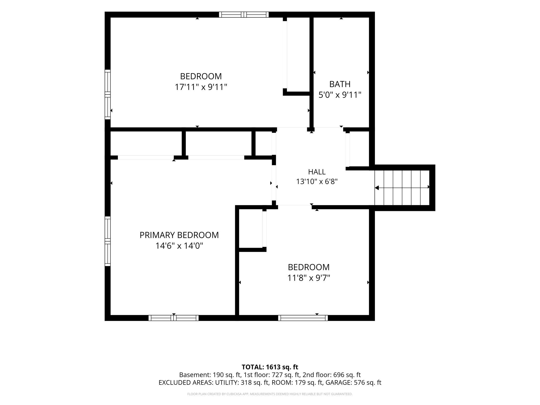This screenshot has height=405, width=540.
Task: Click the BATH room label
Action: [340, 84]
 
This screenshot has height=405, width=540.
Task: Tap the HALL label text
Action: [317, 172]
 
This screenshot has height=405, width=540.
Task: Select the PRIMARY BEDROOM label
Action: [179, 235]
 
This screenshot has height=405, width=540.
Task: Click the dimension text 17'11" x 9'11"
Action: [201, 87]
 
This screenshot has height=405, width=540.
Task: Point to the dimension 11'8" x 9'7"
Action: [309, 278]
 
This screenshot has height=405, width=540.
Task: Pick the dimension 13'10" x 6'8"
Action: [317, 181]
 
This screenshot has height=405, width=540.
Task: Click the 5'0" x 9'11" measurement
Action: [340, 95]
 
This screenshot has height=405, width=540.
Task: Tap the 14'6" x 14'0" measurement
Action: [179, 246]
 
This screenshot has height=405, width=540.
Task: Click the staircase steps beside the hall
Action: [402, 187]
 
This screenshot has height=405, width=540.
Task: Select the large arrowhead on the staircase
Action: [377, 187]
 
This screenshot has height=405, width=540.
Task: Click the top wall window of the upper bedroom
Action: [244, 15]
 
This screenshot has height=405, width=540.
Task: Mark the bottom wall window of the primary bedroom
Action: [174, 318]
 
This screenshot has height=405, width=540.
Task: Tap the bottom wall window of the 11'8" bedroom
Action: [303, 318]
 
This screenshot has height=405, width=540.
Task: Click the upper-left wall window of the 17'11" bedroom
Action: [107, 95]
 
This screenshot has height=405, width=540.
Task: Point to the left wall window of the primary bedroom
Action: [107, 241]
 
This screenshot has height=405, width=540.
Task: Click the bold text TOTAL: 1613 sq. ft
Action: [270, 367]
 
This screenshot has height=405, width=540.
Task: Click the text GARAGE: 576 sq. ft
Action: [353, 382]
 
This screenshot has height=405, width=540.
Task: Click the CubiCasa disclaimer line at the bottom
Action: [270, 394]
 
